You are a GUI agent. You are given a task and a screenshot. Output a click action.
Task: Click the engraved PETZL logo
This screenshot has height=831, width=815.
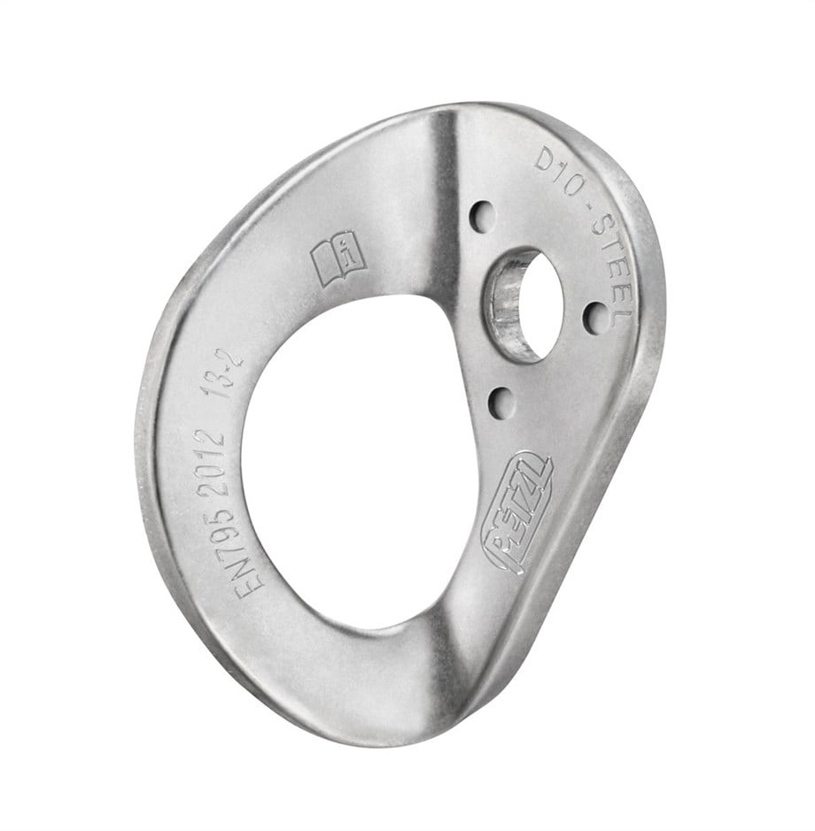point(517,513)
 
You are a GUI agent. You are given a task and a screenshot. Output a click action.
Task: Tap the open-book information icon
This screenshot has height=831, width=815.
point(338,258)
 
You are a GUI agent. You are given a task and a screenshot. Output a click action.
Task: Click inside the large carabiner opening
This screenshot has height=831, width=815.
point(350,460)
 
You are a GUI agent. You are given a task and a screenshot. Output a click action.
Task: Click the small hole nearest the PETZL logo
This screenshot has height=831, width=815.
point(501,404)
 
